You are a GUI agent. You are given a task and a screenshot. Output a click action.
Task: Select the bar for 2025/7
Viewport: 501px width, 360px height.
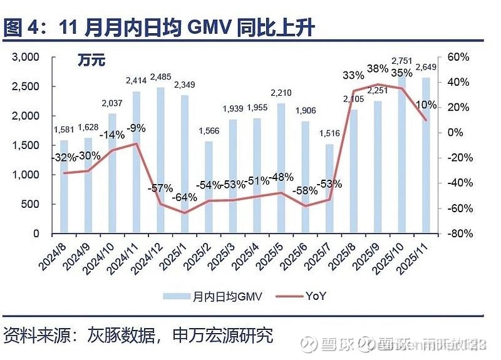click(x=331, y=188)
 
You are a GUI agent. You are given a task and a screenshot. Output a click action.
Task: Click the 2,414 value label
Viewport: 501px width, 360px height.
click(x=137, y=80)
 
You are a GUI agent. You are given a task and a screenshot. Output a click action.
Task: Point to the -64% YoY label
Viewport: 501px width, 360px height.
click(x=185, y=197)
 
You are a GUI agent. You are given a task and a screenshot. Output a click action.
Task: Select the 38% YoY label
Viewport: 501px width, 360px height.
click(x=378, y=69)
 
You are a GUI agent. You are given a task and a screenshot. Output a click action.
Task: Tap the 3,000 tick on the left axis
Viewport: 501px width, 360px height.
click(x=27, y=57)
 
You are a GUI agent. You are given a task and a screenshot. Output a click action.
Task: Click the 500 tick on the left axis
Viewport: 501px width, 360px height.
click(x=31, y=204)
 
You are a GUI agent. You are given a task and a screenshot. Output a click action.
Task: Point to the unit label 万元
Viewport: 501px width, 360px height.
click(x=91, y=61)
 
